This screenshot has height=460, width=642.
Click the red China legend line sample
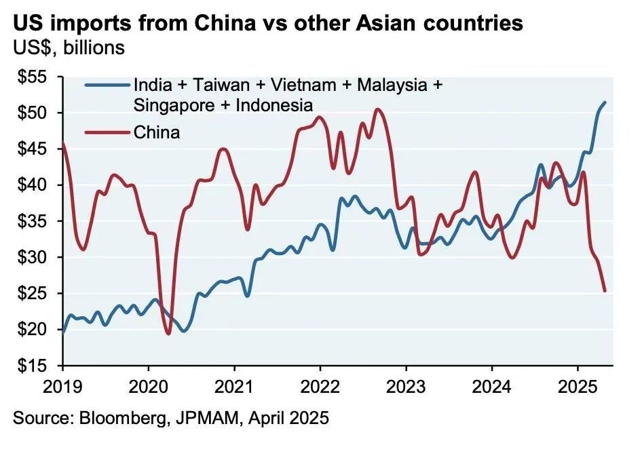107,131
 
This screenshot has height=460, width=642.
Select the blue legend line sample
107,86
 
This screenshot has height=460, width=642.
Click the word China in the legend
157,132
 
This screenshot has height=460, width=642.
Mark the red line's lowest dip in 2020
168,334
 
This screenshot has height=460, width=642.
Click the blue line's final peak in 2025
605,102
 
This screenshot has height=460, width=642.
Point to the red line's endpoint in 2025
605,291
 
